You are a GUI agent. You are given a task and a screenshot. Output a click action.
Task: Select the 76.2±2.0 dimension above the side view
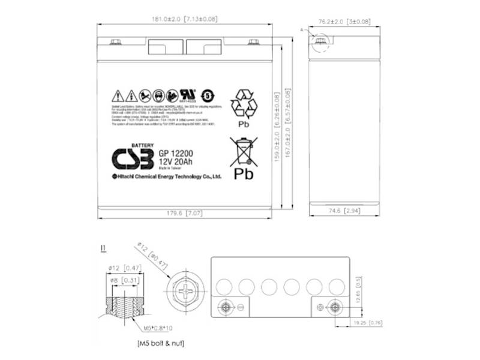point(341,21)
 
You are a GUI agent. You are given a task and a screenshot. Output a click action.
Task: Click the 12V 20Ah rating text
point(176,162)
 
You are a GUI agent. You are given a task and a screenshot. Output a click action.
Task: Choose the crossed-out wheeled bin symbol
point(242,151)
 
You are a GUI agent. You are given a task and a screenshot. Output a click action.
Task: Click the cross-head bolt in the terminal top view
point(182,295)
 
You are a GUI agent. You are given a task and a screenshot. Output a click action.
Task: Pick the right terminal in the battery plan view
point(335,307)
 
